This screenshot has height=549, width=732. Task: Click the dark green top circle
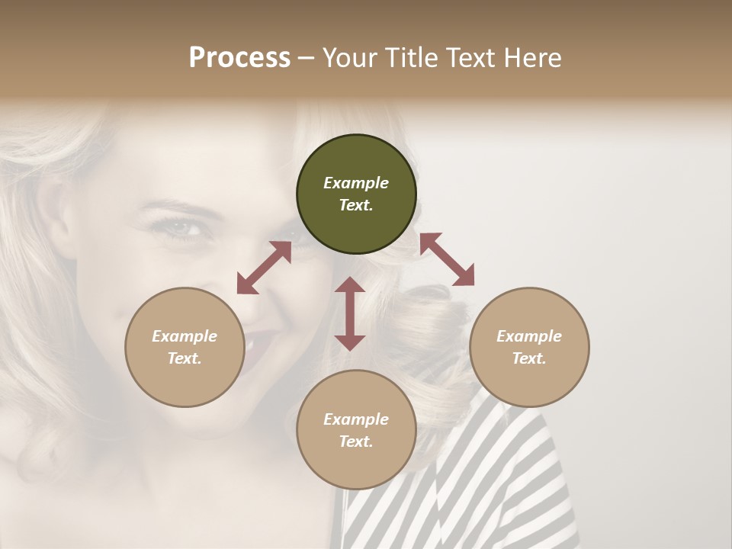[x=356, y=194]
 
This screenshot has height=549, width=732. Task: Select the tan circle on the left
[x=185, y=347]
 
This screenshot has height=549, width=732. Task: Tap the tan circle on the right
[x=529, y=347]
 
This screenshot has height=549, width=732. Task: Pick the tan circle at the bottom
[x=356, y=430]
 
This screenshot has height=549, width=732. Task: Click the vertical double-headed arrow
[x=350, y=313]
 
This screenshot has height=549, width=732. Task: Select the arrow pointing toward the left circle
[x=264, y=268]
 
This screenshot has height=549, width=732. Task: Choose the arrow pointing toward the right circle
[x=447, y=259]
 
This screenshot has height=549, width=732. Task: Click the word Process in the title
[x=239, y=57]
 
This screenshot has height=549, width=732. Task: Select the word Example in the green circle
[x=356, y=183]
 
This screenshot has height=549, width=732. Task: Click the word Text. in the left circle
[x=185, y=358]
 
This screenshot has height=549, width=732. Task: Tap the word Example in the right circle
[x=529, y=336]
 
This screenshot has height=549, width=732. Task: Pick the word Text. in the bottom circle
[x=356, y=441]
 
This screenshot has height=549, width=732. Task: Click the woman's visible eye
[x=178, y=226]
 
